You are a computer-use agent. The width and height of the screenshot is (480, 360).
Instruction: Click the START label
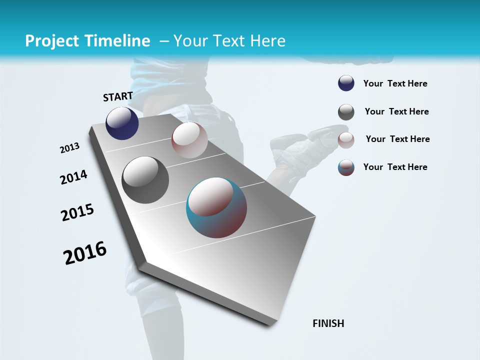tap(118, 96)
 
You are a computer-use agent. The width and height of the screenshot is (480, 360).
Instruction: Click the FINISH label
tap(328, 323)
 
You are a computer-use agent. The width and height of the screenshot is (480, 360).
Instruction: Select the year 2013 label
tap(70, 148)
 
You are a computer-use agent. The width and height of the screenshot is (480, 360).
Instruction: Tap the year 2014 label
tap(73, 177)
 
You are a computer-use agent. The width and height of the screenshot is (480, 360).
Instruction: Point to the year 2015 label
tap(77, 212)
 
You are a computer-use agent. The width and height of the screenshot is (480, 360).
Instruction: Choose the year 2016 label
tap(85, 252)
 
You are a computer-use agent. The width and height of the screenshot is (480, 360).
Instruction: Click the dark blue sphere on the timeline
tap(122, 123)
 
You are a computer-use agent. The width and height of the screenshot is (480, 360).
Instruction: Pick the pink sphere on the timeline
tap(189, 140)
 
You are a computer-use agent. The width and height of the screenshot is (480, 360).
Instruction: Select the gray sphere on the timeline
tap(145, 180)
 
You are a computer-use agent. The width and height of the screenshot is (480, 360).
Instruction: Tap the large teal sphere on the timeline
tap(216, 207)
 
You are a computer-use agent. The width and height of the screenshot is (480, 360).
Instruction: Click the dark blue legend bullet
tap(346, 83)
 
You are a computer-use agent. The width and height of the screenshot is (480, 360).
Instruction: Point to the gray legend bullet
tap(346, 112)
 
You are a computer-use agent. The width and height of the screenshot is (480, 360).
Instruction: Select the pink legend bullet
tap(346, 140)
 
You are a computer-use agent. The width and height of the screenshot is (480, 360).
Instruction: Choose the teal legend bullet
tap(346, 167)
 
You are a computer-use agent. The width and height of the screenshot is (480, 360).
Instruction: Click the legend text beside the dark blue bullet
tap(395, 84)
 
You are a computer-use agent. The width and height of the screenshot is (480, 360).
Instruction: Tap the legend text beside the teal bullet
tap(395, 167)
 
